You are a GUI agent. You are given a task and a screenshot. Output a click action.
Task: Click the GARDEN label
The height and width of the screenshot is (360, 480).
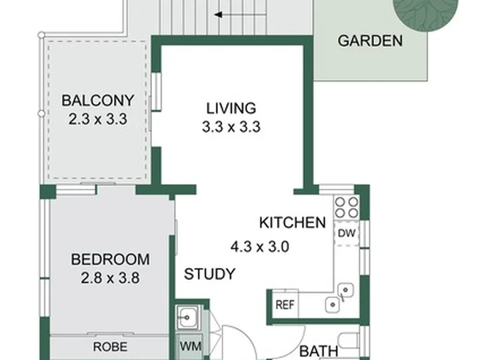[x=370, y=41]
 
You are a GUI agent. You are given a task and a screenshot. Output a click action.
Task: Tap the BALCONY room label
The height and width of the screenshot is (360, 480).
[x=98, y=101]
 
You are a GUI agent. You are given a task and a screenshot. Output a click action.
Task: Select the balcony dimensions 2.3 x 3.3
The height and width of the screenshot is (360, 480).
[x=97, y=119]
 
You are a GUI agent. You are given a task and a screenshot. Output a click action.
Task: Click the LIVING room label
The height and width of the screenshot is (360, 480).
[x=231, y=109]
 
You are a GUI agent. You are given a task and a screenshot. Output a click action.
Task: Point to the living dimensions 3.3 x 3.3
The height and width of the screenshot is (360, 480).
[x=231, y=127]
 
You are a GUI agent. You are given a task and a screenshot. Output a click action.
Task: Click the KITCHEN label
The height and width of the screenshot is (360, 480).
[x=293, y=223]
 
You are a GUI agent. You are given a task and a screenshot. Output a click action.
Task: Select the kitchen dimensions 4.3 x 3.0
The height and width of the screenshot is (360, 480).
[x=260, y=247]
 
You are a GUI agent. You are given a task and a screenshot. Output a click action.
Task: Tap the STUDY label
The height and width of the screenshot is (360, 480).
[x=210, y=274]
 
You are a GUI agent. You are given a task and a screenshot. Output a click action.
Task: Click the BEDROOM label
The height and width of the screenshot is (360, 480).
[x=111, y=259]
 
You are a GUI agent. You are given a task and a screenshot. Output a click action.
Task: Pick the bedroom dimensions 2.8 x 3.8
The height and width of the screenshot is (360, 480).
[x=110, y=278]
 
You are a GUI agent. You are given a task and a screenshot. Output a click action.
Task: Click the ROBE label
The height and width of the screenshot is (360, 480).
[x=110, y=347]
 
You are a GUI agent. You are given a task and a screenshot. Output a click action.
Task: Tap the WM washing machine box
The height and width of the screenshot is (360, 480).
[x=190, y=347]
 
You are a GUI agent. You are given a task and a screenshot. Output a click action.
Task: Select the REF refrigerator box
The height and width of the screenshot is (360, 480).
[x=285, y=305]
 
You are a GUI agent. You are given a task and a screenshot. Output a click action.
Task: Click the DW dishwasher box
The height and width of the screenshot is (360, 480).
[x=347, y=233]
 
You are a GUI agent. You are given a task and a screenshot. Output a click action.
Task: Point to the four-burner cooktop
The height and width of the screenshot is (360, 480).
[x=346, y=207]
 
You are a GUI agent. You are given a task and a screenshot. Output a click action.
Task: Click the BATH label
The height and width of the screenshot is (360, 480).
[x=319, y=351]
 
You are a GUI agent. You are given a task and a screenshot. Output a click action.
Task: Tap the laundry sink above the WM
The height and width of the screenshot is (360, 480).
[x=188, y=318]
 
